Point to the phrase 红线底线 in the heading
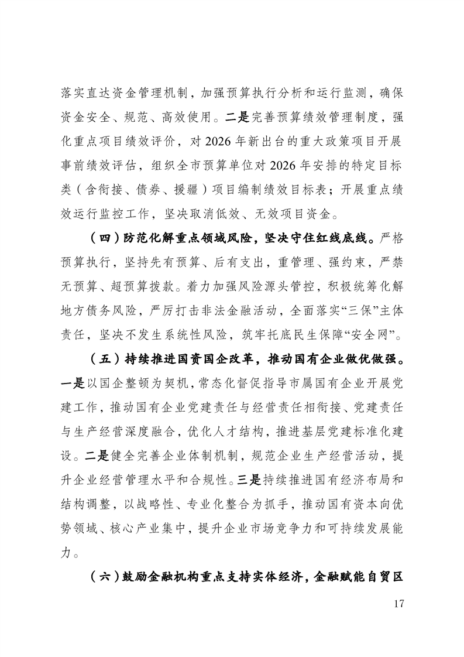[x=332, y=239]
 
